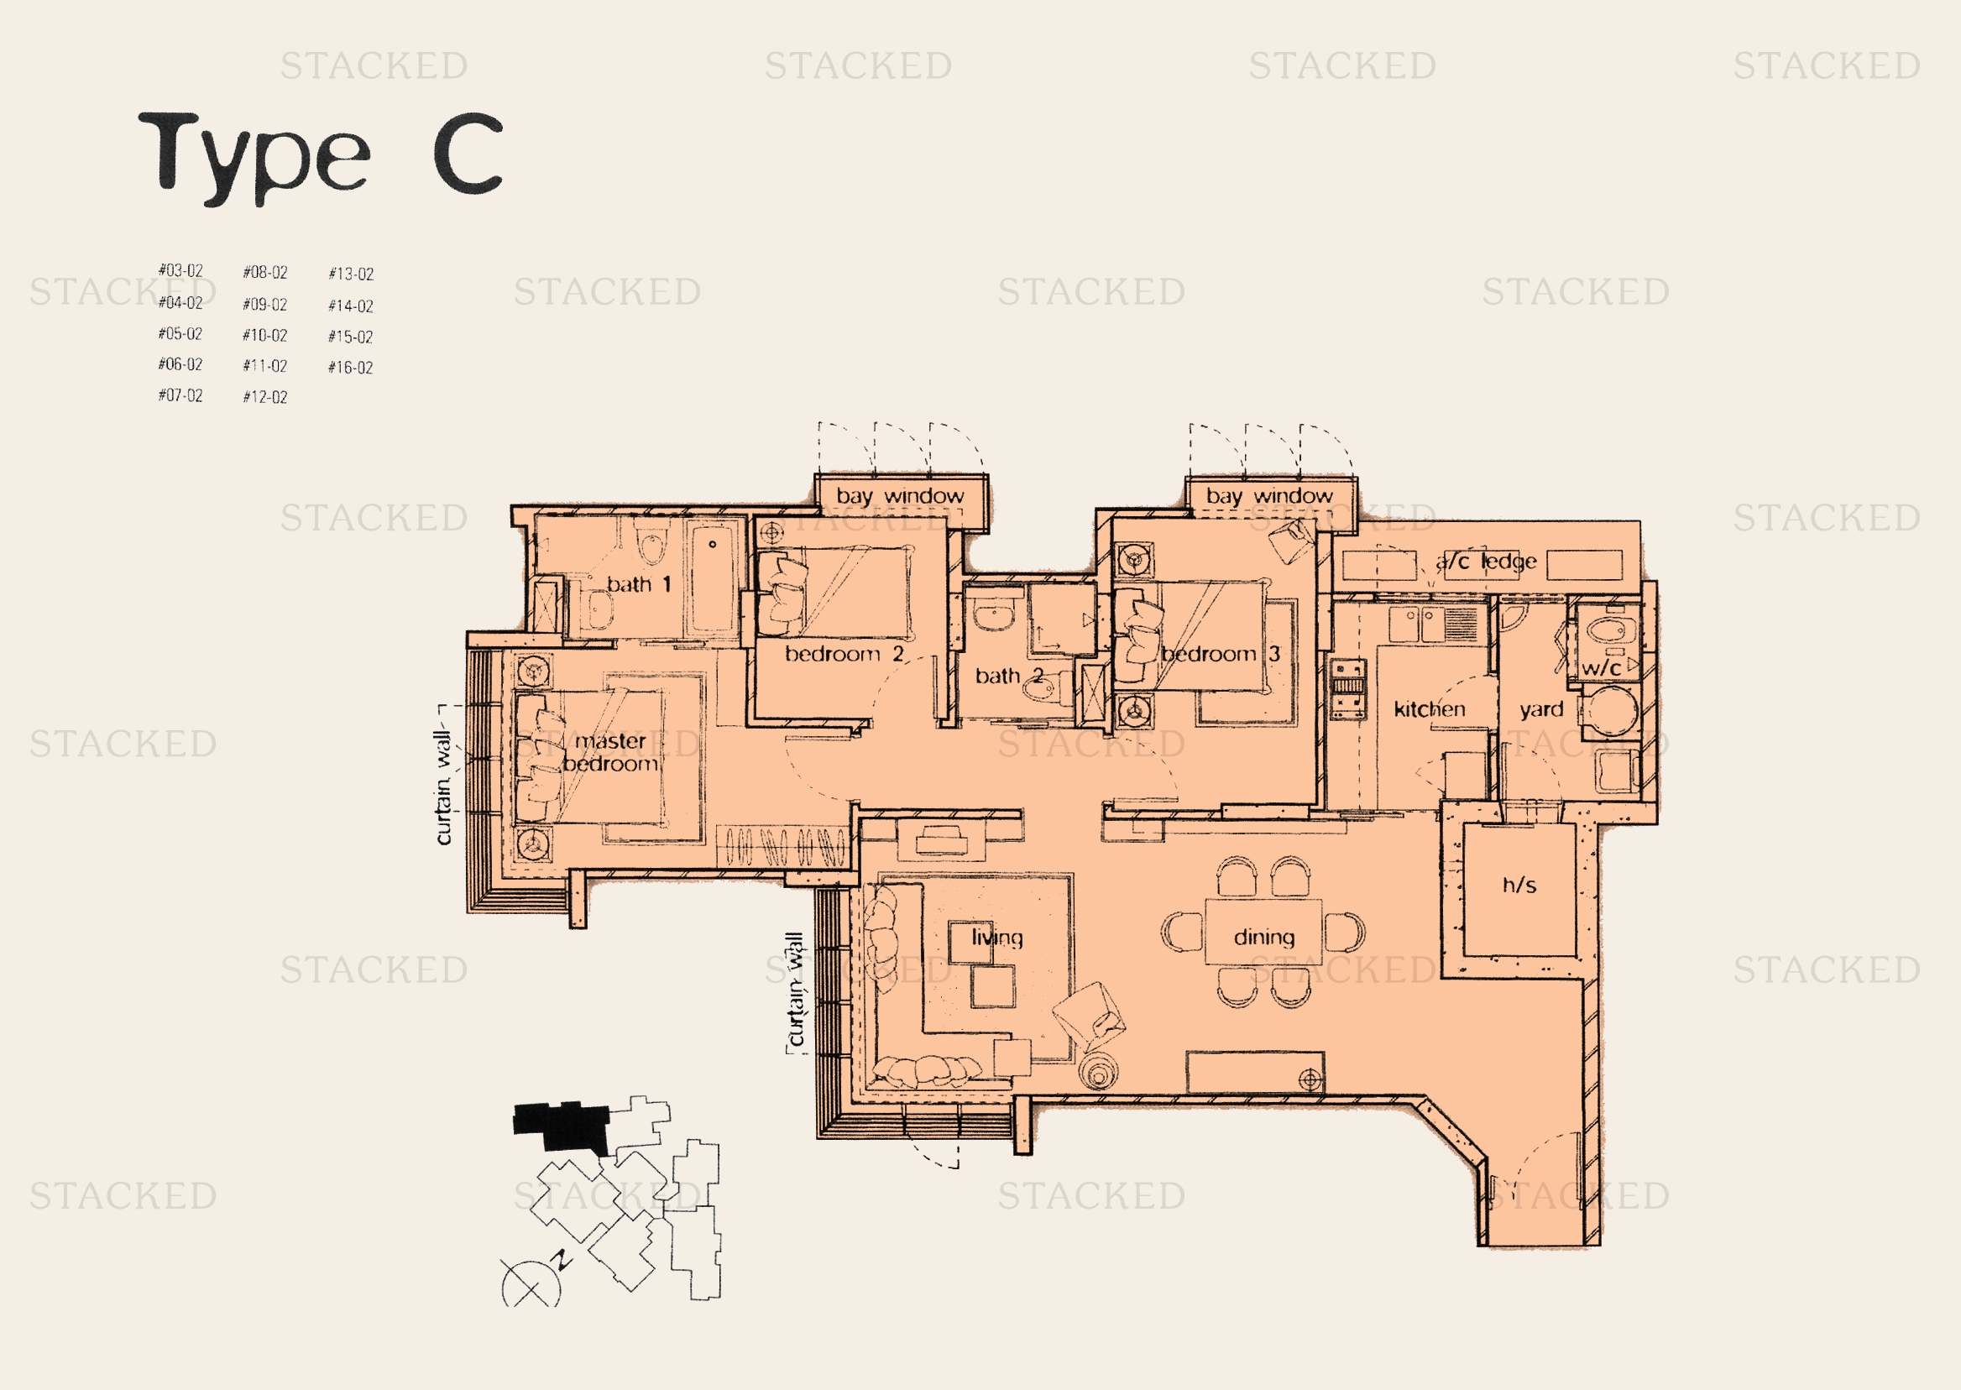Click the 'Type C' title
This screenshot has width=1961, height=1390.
point(320,157)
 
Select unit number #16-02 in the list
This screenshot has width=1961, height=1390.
point(350,367)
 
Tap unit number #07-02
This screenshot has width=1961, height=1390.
point(180,395)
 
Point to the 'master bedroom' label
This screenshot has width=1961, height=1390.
point(610,752)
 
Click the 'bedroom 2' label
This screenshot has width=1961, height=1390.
point(844,654)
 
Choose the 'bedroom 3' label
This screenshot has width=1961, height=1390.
point(1220,654)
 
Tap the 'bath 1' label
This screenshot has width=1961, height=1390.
point(639,584)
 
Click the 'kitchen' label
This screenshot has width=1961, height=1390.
point(1429,708)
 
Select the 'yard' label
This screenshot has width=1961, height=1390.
point(1541,709)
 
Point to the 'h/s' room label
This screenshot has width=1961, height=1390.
point(1519,884)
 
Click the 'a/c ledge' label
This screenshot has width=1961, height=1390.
point(1486,561)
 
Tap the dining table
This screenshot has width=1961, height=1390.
point(1263,931)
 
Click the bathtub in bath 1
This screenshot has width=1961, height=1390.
point(713,580)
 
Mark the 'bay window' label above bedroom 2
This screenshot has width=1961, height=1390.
point(900,495)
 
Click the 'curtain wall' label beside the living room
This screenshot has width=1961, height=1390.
point(796,990)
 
